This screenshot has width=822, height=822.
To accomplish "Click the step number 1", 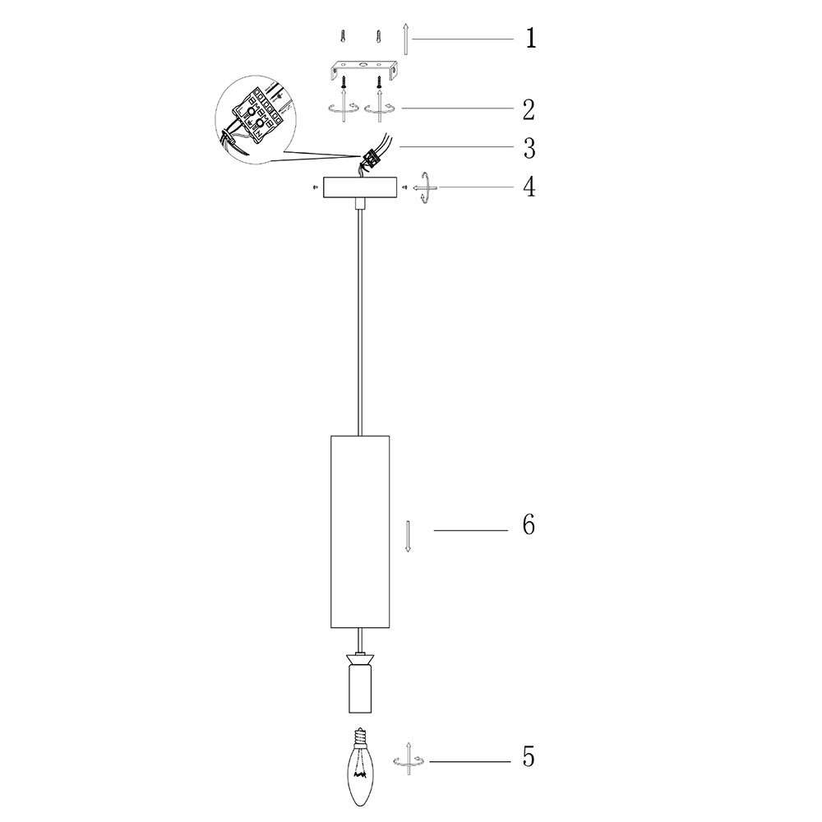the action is [531, 39].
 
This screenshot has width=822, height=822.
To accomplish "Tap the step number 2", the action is [529, 109].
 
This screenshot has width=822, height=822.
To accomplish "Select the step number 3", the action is [529, 148].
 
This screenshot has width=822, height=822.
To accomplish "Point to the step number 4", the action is [529, 187].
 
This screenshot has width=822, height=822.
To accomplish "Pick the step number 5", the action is [529, 756].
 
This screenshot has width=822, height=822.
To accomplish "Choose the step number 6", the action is [529, 524].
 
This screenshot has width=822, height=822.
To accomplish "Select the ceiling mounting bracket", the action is [363, 69].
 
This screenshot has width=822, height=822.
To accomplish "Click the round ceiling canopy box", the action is [360, 187].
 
